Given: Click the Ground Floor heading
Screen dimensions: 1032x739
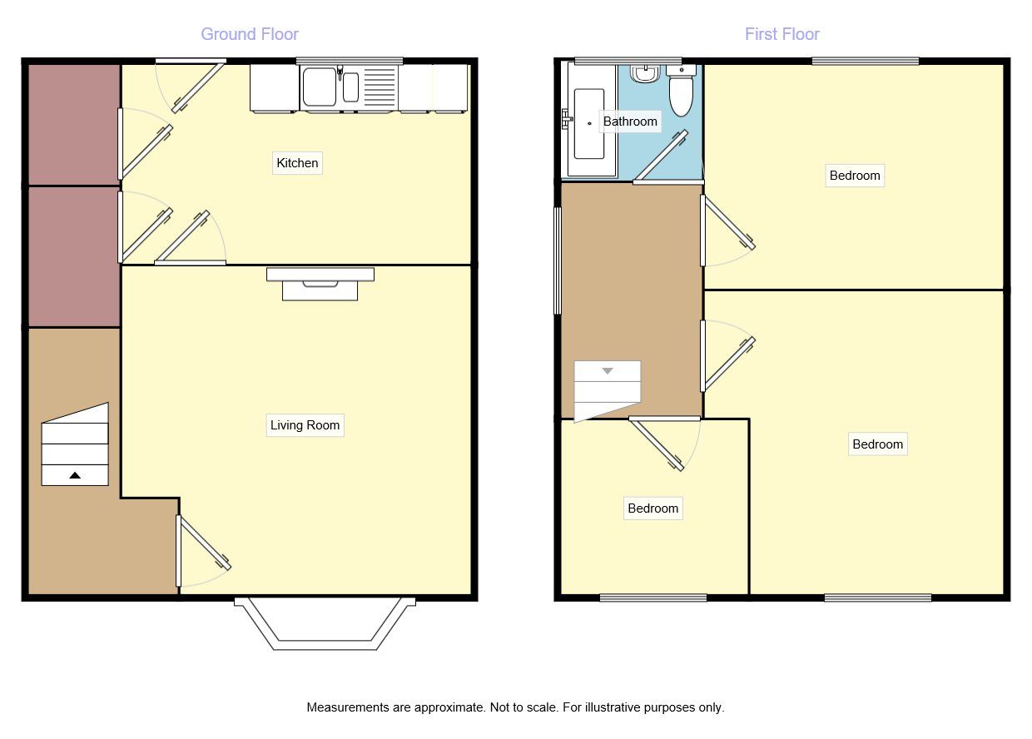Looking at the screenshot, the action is [x=250, y=34].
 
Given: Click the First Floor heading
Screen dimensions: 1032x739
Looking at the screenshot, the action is [x=781, y=34].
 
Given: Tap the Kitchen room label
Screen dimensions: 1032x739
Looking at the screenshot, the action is [x=297, y=162].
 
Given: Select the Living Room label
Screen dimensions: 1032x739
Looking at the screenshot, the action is [x=305, y=424].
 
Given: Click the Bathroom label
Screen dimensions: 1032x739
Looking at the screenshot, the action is [x=630, y=122].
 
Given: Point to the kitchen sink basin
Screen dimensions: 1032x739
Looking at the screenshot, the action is [x=320, y=87].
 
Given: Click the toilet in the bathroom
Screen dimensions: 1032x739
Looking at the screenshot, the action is [x=681, y=91].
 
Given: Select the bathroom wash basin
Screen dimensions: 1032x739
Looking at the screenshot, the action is [x=645, y=74].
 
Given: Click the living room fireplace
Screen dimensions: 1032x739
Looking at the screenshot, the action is [x=320, y=284].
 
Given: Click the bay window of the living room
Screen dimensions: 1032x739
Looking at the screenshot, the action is [x=325, y=624].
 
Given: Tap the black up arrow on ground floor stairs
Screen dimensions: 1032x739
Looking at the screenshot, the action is [x=75, y=475].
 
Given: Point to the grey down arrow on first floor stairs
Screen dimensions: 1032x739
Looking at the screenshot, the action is [x=608, y=371].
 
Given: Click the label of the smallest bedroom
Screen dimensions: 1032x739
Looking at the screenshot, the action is [x=652, y=508].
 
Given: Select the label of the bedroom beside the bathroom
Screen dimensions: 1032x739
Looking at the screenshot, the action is [x=855, y=175].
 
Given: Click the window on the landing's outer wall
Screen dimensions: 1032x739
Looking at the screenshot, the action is [x=558, y=260].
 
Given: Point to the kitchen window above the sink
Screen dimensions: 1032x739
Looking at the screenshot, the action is [x=350, y=61].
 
